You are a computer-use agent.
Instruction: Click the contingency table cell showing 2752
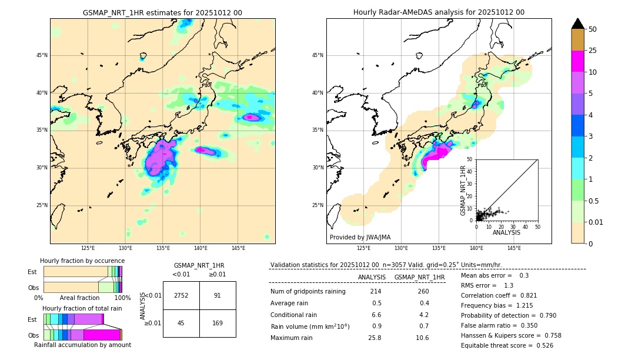click(x=181, y=295)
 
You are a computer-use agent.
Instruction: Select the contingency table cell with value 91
click(x=218, y=295)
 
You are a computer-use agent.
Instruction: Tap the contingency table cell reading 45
click(x=181, y=323)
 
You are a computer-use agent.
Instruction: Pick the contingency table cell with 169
click(x=218, y=323)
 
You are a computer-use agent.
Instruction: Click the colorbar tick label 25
click(x=593, y=51)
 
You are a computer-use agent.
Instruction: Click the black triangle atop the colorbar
click(x=578, y=24)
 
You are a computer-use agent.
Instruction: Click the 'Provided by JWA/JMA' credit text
click(x=360, y=237)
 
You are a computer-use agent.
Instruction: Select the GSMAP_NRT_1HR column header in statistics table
click(x=419, y=277)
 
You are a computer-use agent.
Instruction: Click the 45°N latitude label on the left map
click(x=42, y=55)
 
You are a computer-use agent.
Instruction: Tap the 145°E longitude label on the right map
click(x=514, y=248)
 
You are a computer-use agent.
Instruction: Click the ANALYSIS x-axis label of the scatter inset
click(x=506, y=232)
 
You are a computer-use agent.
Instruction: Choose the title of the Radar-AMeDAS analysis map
click(x=439, y=12)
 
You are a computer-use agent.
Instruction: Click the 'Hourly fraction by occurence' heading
click(x=82, y=261)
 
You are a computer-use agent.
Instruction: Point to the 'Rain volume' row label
click(x=310, y=326)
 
